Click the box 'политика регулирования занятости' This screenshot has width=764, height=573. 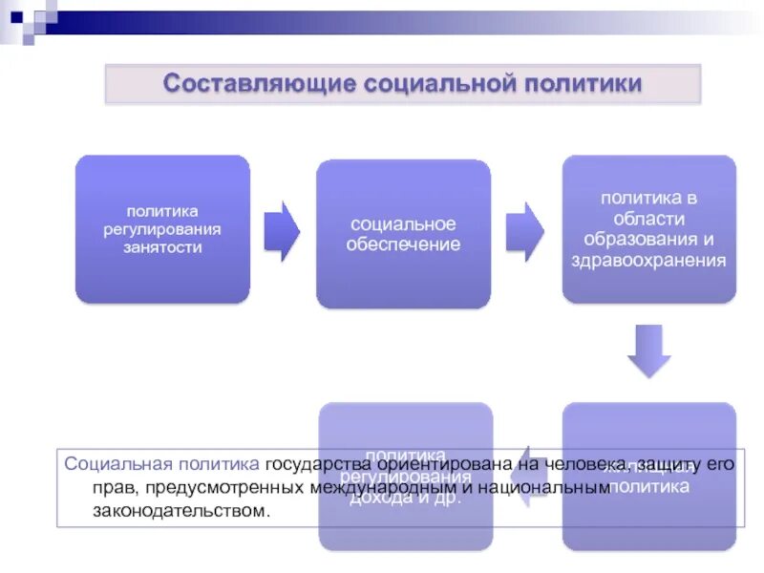tap(162, 229)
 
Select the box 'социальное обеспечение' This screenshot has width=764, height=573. tap(403, 234)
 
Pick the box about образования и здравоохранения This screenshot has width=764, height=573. tap(648, 229)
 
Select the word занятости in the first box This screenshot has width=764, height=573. tap(162, 247)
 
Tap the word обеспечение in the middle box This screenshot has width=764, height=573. tap(403, 244)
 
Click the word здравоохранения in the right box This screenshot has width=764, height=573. tap(648, 259)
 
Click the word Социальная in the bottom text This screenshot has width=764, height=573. tap(110, 464)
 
